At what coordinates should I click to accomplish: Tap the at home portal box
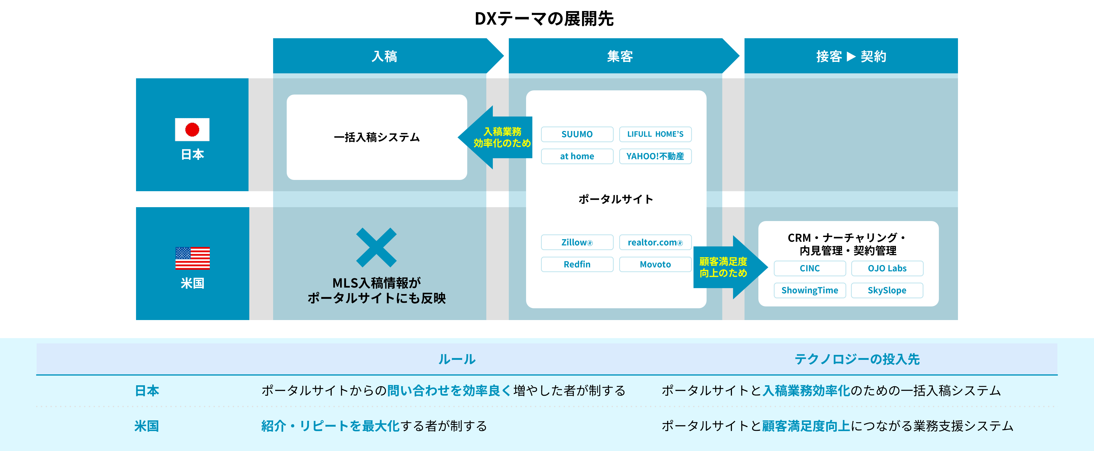click(577, 156)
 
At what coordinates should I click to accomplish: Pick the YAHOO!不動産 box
click(655, 156)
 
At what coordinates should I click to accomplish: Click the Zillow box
click(577, 242)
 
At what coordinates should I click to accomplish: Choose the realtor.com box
click(655, 242)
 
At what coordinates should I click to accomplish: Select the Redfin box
click(577, 265)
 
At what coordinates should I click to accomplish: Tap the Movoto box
click(655, 265)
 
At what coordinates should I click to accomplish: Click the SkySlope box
click(887, 291)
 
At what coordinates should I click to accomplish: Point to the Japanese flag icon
click(192, 130)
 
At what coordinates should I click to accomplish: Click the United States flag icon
click(192, 258)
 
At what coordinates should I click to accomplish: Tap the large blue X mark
click(376, 247)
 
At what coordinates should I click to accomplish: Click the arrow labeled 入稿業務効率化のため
click(495, 137)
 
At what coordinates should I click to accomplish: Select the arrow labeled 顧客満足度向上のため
click(730, 267)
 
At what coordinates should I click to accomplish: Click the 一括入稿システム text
click(377, 137)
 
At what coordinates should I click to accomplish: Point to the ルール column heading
click(457, 359)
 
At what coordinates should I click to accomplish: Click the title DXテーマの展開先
click(544, 19)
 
